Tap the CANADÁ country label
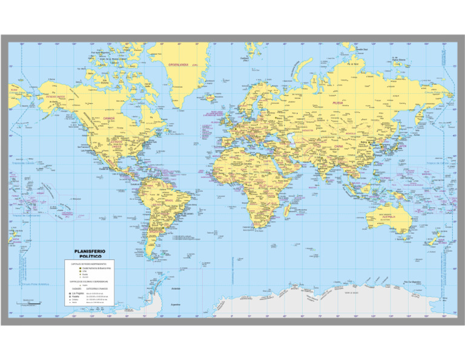coord(110,118)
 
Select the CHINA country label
coord(339,146)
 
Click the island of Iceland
coord(211,97)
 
